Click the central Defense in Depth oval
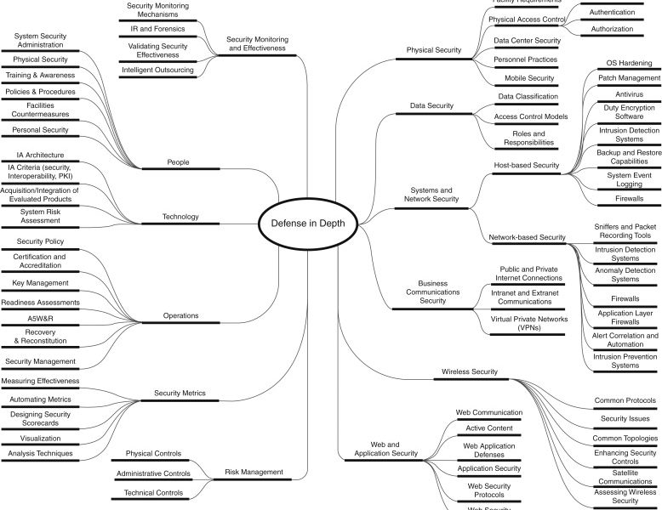[x=307, y=223]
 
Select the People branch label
[x=180, y=161]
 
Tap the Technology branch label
[x=180, y=217]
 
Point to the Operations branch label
[x=180, y=315]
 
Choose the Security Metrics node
[x=180, y=394]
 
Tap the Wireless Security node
[x=471, y=371]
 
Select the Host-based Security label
[x=527, y=165]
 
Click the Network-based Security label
[x=528, y=236]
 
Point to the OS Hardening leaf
[x=629, y=63]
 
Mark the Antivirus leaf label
[x=629, y=93]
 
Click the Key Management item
[x=40, y=283]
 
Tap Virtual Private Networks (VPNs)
[x=528, y=323]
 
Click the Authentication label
[x=612, y=12]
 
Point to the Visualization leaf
[x=40, y=438]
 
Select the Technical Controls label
[x=154, y=492]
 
